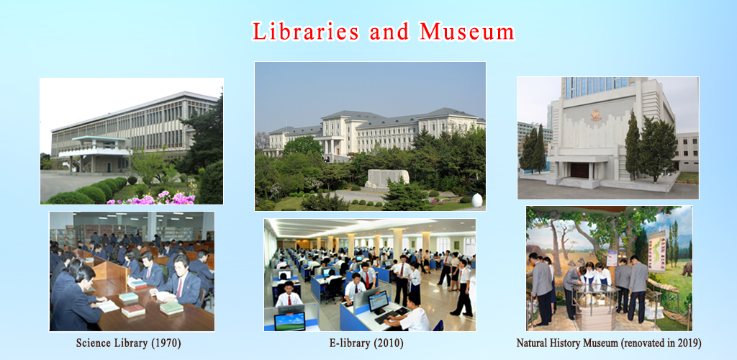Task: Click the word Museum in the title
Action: [467, 32]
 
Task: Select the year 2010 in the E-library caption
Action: [392, 343]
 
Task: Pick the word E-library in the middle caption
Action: [350, 343]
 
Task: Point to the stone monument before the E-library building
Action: [386, 177]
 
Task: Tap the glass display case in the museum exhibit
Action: [595, 303]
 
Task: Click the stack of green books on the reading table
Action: [171, 307]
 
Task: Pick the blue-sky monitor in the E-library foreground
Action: [289, 320]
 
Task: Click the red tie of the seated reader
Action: [179, 286]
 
